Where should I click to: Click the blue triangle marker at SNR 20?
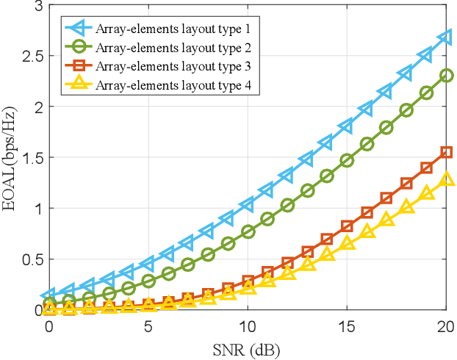click(x=445, y=37)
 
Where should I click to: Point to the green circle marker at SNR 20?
click(x=446, y=75)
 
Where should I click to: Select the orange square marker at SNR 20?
click(x=446, y=152)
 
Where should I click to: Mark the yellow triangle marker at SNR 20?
click(x=446, y=179)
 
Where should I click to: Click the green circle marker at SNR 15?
click(x=347, y=160)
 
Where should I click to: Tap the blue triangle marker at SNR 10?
click(x=247, y=204)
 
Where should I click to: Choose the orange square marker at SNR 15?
click(x=347, y=226)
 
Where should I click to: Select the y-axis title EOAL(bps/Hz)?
click(x=10, y=158)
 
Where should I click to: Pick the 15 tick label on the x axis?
click(x=347, y=325)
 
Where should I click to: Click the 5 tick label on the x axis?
click(x=148, y=325)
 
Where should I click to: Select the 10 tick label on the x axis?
click(x=247, y=325)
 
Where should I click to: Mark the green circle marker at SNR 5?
click(x=148, y=281)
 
